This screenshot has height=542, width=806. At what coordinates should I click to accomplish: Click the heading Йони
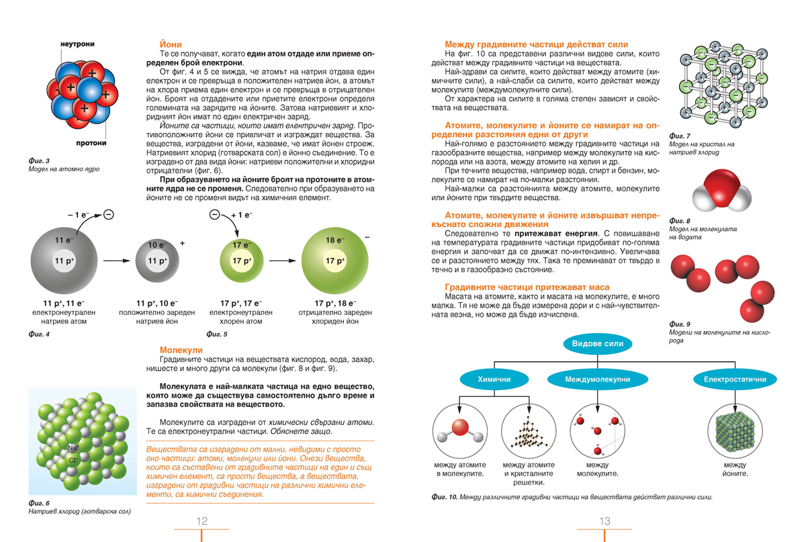[170, 44]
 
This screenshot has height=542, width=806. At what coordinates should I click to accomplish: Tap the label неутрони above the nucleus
[77, 44]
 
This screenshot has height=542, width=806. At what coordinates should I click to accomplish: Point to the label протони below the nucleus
[90, 143]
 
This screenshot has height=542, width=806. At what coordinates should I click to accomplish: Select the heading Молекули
[181, 350]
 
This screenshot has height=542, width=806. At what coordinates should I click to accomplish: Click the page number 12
[201, 521]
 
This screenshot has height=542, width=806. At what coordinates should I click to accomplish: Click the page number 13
[604, 521]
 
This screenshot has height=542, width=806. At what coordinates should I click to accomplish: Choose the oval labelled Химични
[494, 379]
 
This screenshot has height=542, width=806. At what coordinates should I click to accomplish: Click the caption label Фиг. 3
[40, 160]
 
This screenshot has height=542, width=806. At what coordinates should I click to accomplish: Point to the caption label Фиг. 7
[680, 136]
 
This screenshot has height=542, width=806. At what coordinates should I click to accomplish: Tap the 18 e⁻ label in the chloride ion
[334, 240]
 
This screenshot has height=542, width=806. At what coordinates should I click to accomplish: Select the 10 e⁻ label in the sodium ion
[156, 245]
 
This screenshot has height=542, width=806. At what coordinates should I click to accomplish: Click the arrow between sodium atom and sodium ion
[116, 260]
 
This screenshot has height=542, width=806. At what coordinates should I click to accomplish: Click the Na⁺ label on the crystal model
[75, 447]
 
